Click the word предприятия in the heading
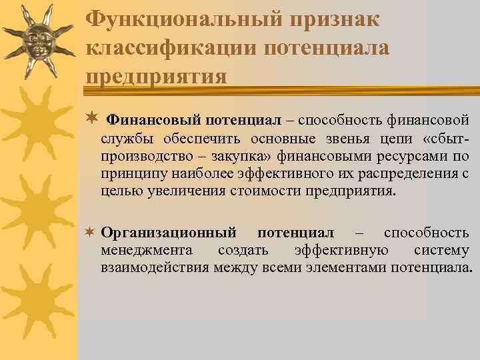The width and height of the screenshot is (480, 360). (156, 76)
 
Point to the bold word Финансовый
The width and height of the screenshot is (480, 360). (154, 120)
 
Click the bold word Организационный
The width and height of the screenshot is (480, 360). (169, 233)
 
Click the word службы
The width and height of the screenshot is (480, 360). (125, 139)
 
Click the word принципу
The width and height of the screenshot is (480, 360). (127, 175)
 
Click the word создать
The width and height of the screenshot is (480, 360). (243, 251)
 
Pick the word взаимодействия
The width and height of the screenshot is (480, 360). (156, 268)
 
